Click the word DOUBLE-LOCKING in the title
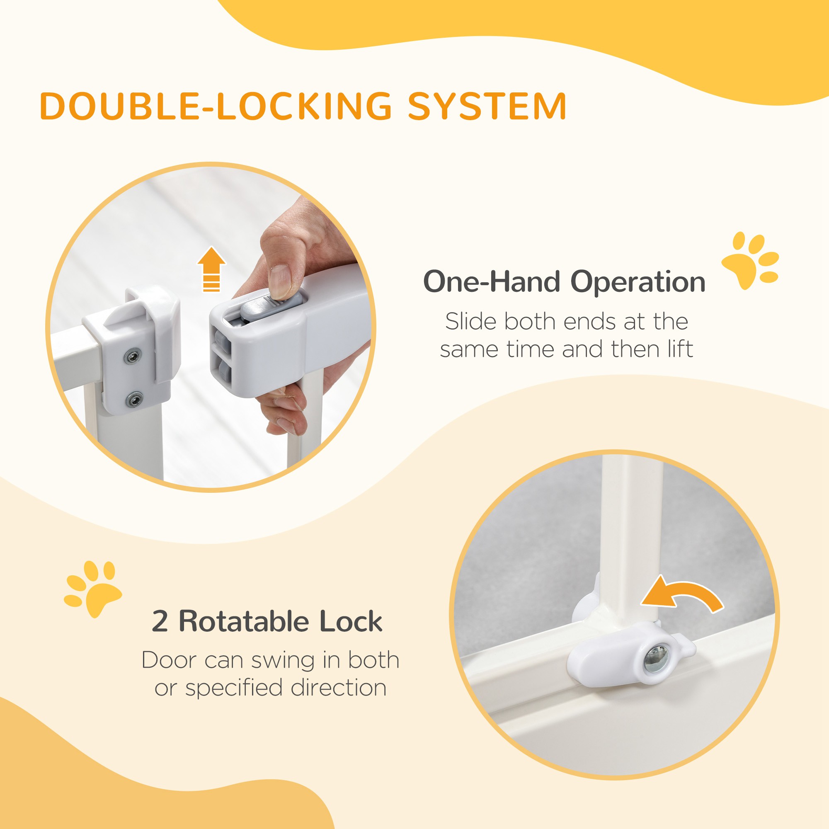216,106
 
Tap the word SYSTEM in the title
487,106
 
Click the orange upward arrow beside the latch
211,269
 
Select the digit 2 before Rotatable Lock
160,621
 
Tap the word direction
339,688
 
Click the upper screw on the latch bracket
133,356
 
